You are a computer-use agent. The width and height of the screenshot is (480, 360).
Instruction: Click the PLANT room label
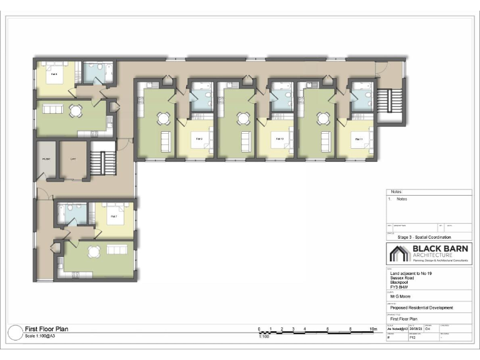[x=46, y=159]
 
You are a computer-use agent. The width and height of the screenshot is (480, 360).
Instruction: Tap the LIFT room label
[x=73, y=159]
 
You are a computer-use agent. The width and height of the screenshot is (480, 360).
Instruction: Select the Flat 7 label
[x=114, y=216]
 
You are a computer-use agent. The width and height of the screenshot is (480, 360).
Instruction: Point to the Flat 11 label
[x=359, y=138]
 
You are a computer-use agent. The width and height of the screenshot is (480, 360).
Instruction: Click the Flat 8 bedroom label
[x=54, y=74]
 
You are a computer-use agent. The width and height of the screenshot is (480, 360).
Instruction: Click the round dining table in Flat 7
[x=94, y=252]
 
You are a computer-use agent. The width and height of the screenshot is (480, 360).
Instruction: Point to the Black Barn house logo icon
[x=399, y=254]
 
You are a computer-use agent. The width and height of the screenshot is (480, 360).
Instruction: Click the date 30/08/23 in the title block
[x=416, y=329]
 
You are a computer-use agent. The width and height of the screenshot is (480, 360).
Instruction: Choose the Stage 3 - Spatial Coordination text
[x=424, y=237]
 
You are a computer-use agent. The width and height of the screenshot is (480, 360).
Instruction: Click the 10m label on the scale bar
[x=374, y=329]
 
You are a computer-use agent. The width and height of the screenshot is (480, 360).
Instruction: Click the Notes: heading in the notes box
[x=397, y=192]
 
